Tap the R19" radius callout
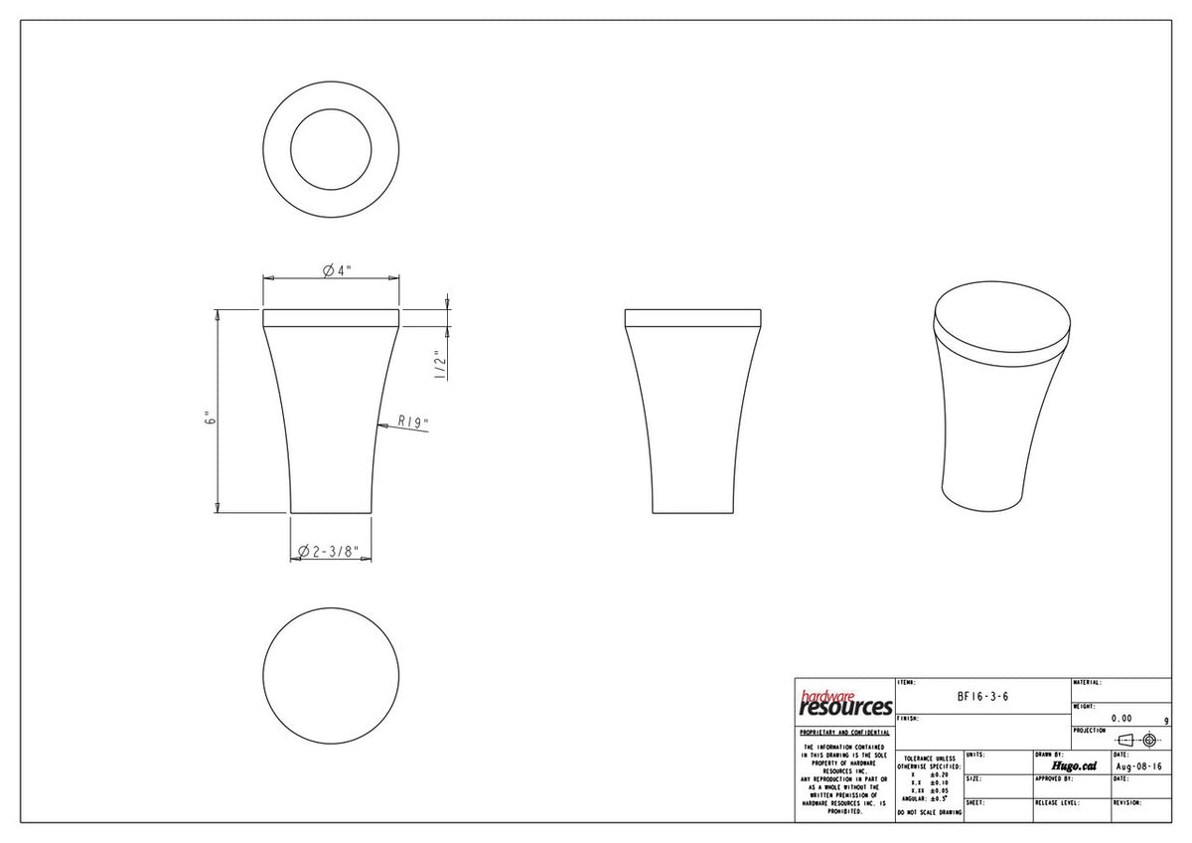click(412, 421)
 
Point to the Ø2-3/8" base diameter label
click(335, 551)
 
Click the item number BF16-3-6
click(982, 697)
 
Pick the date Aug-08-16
click(1139, 766)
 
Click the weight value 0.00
click(1120, 718)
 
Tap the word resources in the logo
click(845, 708)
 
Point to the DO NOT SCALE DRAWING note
click(929, 813)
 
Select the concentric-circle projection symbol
click(1150, 740)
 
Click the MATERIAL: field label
click(1088, 683)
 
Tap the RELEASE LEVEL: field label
click(1057, 802)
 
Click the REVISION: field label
click(1127, 802)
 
